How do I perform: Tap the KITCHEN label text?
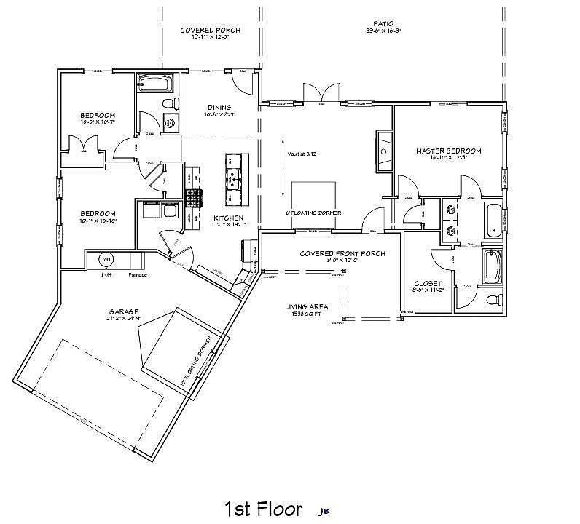[x=227, y=218]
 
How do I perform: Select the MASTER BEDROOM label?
[x=449, y=151]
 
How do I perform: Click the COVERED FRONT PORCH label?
[x=342, y=253]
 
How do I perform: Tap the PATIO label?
[x=383, y=23]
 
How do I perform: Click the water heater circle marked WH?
[x=106, y=259]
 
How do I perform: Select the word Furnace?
[x=138, y=275]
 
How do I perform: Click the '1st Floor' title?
[x=263, y=508]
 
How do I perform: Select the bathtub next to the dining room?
[x=154, y=82]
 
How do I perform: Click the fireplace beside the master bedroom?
[x=384, y=148]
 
